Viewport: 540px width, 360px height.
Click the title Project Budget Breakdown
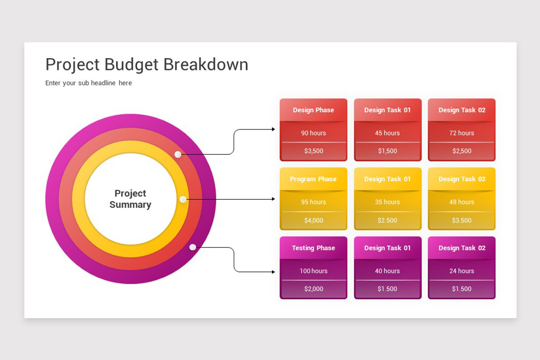147,64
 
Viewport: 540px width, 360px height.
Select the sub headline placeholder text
89,83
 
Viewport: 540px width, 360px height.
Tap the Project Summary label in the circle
130,199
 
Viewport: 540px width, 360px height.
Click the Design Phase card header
313,110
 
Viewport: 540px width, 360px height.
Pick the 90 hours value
313,133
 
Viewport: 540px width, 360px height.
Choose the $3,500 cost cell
313,151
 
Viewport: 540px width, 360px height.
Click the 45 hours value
387,133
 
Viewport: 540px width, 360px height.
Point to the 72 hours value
462,133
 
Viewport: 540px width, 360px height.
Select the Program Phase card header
313,179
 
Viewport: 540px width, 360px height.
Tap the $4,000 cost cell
313,220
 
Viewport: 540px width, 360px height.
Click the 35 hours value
387,202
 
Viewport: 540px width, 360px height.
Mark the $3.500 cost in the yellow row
462,220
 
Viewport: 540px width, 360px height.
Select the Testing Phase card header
313,248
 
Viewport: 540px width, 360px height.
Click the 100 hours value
313,271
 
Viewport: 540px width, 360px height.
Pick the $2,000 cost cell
313,289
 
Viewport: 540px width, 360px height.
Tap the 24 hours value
462,271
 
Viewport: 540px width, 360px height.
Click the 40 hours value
387,271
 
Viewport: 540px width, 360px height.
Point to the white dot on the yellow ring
183,199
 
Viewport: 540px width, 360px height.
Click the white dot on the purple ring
193,247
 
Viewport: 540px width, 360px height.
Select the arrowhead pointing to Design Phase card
273,129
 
